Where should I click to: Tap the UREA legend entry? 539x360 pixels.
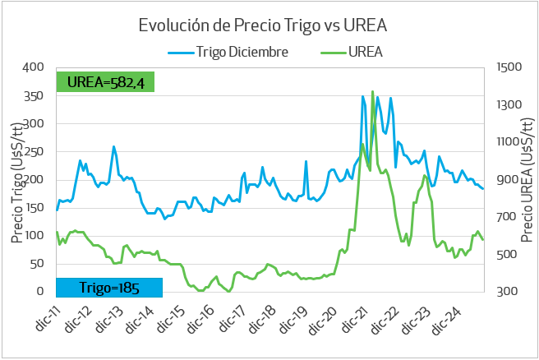click(366, 52)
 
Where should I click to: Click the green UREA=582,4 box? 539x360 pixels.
click(106, 82)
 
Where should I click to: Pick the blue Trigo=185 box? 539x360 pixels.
click(109, 287)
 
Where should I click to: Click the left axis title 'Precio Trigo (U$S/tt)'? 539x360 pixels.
click(16, 180)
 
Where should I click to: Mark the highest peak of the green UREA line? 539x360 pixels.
click(372, 91)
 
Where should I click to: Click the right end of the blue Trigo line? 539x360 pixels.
click(483, 188)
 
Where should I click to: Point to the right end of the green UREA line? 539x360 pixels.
click(483, 239)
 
